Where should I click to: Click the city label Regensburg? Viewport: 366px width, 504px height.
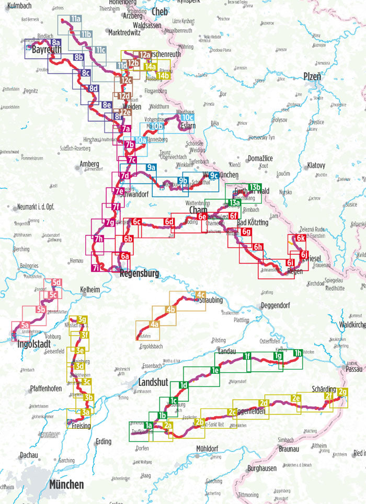point(139,273)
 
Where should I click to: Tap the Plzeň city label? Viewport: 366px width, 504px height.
point(312,76)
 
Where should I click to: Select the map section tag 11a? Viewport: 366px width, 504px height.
point(76,19)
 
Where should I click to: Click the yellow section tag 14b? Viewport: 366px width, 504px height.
point(164,76)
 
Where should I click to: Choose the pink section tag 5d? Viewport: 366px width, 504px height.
point(57,283)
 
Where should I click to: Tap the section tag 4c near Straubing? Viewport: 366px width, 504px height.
point(200,294)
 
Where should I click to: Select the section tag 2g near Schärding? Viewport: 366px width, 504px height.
point(342,392)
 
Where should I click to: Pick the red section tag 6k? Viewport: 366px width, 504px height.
point(300,238)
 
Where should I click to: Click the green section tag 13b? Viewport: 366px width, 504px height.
point(255,187)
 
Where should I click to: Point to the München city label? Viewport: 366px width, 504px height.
point(66,485)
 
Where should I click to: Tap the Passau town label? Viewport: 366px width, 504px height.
point(354,369)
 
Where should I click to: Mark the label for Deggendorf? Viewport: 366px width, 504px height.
point(275,304)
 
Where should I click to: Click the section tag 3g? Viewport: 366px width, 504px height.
point(82,319)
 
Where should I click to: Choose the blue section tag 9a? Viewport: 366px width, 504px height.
point(152,167)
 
